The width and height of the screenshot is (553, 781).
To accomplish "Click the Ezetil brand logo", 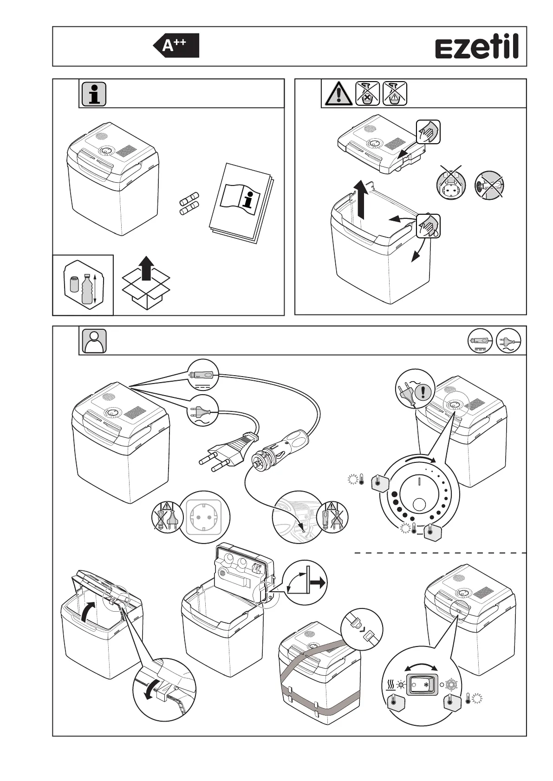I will click(476, 48).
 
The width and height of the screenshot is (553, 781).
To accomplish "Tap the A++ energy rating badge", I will click(176, 45).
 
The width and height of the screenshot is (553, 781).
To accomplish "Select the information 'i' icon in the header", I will click(94, 94).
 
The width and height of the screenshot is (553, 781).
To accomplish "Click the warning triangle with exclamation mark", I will click(339, 94).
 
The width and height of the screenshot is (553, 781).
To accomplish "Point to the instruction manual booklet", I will click(241, 202).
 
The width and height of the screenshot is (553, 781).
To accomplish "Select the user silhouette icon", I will click(94, 341).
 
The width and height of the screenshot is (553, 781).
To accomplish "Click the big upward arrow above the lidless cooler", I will click(362, 199).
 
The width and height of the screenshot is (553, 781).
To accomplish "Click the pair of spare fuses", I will click(189, 205).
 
